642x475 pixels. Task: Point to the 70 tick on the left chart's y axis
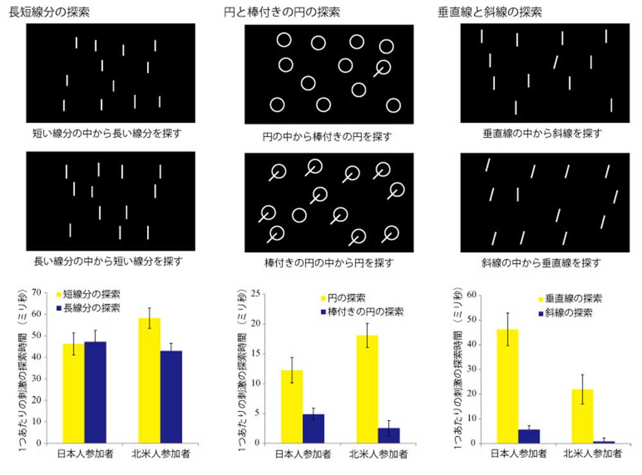click(x=36, y=292)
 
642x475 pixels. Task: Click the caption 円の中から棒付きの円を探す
click(x=327, y=136)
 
